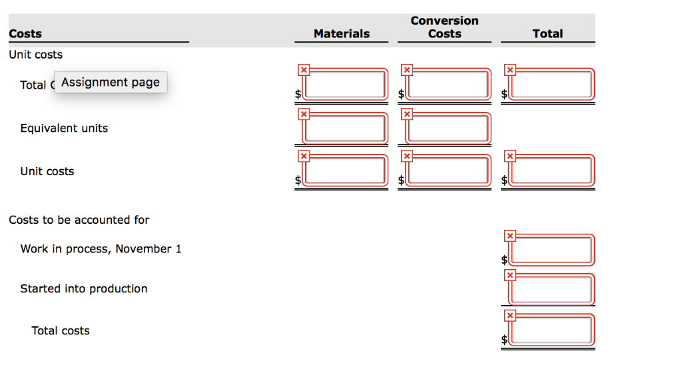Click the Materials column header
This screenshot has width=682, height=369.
(x=342, y=33)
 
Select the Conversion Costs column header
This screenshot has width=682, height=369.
(x=444, y=27)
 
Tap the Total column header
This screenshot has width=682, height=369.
(x=547, y=33)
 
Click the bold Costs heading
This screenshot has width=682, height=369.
(x=25, y=33)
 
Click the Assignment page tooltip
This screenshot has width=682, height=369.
(x=111, y=82)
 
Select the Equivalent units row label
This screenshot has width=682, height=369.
(x=64, y=128)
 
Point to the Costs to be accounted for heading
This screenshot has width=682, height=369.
(x=79, y=220)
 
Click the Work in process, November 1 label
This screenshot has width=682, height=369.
(x=101, y=249)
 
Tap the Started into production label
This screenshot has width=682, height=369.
(x=83, y=288)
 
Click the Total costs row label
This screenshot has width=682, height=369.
(x=61, y=331)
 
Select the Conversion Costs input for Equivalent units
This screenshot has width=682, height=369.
(x=448, y=129)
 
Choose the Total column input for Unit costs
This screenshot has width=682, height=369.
(x=551, y=170)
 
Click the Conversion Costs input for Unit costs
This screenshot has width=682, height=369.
(x=448, y=170)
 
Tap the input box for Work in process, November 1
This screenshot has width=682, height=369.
(x=551, y=250)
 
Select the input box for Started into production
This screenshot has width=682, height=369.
(x=551, y=289)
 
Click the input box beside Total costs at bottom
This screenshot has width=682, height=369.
(x=551, y=330)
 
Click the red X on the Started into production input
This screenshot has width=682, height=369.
(x=510, y=275)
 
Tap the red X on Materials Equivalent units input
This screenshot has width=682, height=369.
(x=304, y=114)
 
